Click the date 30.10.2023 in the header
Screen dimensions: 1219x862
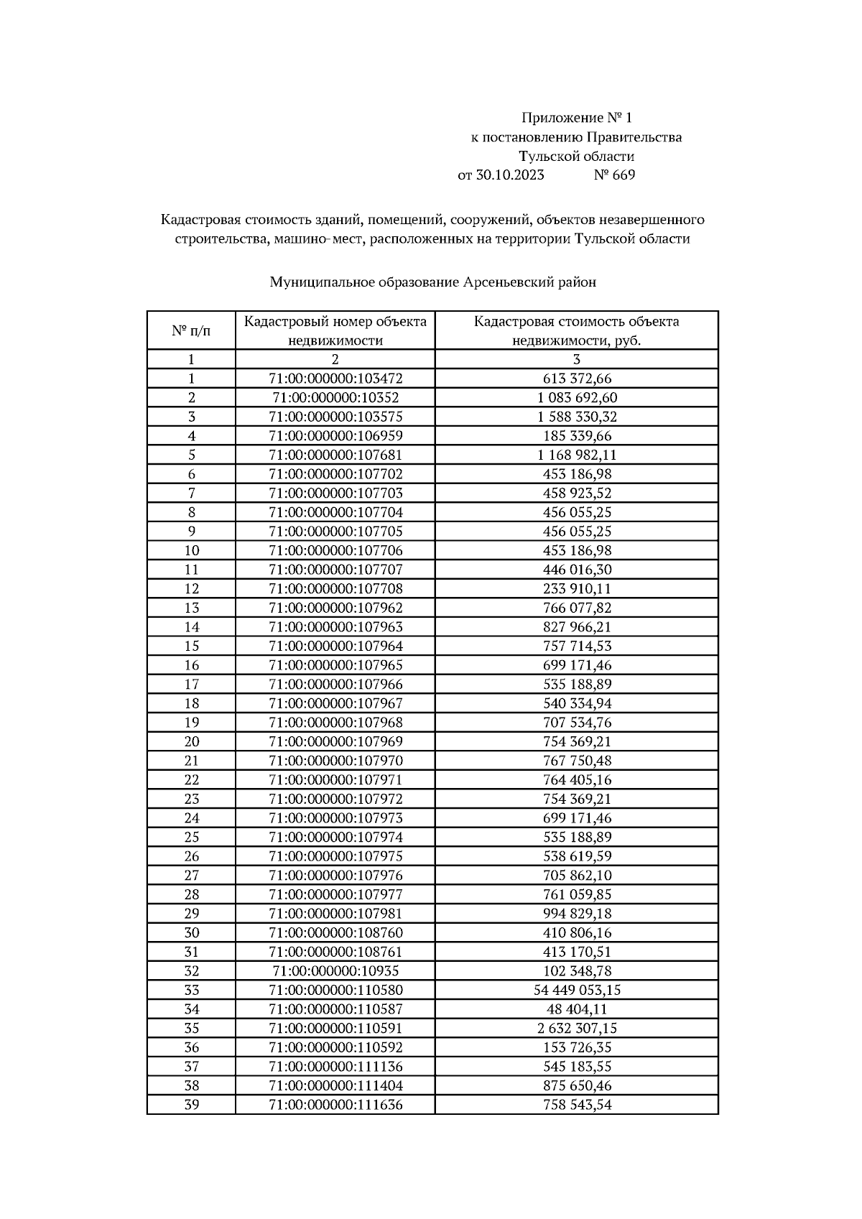point(510,175)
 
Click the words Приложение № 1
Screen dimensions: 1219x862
point(576,118)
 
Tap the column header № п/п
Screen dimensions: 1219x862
point(191,330)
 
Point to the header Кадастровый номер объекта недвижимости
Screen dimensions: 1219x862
point(335,330)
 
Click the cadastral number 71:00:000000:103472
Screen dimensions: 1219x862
point(335,379)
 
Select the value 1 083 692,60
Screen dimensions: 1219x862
point(577,398)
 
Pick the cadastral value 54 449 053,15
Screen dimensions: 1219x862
point(577,991)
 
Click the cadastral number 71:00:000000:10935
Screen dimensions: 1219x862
point(335,971)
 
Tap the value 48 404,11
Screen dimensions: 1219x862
point(577,1009)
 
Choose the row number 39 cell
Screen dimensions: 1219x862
point(191,1105)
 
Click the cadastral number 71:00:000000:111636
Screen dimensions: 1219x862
point(335,1105)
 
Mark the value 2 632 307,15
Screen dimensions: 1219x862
point(577,1029)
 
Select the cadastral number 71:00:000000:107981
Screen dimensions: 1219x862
point(335,914)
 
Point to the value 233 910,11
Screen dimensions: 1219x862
point(577,589)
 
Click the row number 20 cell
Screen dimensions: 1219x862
point(191,742)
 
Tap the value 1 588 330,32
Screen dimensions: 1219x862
point(577,417)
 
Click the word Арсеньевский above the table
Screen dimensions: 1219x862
point(508,282)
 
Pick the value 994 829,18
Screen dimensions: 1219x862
point(577,914)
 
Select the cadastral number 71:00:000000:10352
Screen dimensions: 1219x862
point(335,398)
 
